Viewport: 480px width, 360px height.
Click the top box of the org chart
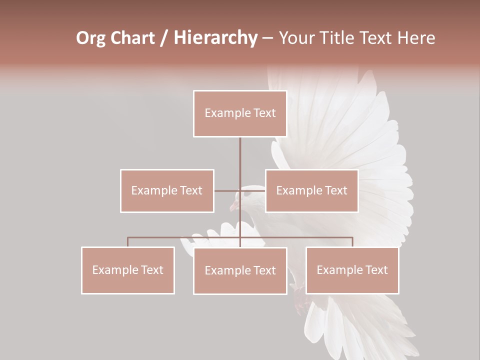240,113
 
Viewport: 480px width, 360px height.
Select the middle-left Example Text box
167,190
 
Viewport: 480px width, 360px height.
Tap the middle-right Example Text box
311,190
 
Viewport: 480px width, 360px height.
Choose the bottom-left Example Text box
128,270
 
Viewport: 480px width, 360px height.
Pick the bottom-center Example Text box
240,270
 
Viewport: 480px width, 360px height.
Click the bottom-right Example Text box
352,270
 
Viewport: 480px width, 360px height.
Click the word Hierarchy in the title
215,38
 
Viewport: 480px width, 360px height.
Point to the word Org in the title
90,38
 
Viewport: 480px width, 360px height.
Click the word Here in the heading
415,38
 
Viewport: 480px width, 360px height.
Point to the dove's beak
232,206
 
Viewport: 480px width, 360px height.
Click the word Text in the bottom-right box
376,270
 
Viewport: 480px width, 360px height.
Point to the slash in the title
164,38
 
